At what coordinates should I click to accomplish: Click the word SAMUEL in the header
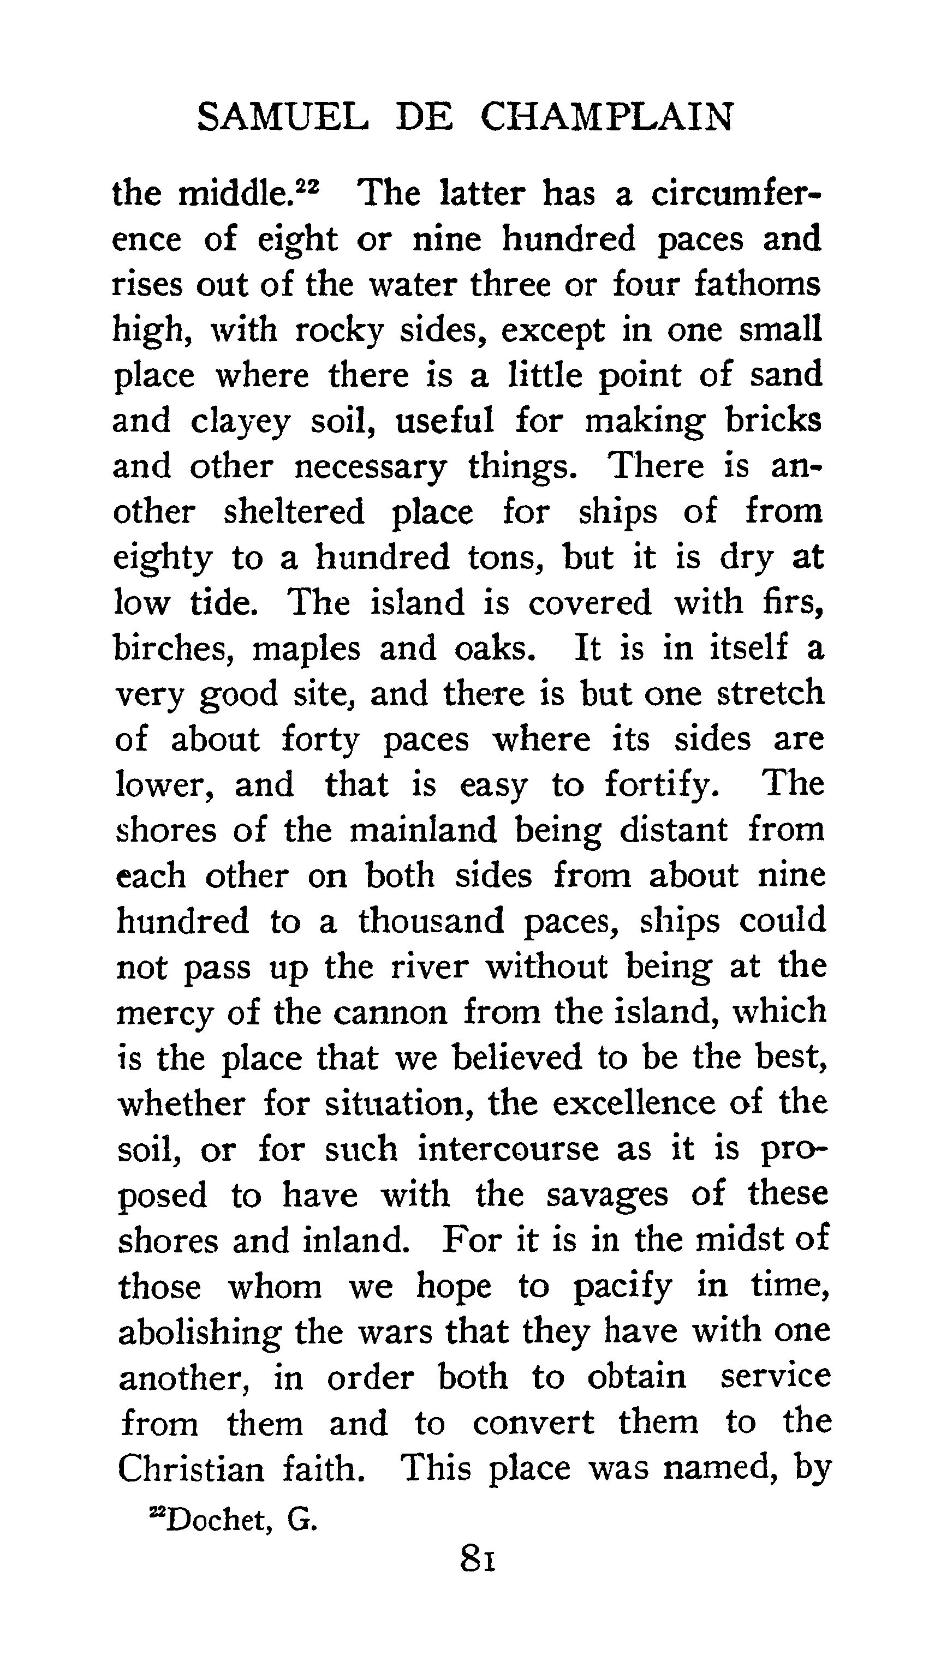[x=282, y=118]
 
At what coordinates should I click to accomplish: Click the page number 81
[x=478, y=1558]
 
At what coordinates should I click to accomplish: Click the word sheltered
[x=294, y=512]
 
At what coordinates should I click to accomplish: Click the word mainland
[x=423, y=830]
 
